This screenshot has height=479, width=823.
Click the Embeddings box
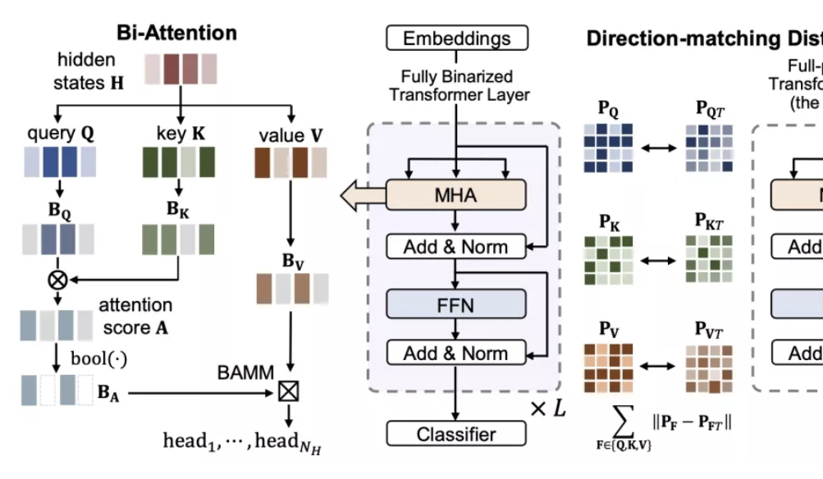pos(457,38)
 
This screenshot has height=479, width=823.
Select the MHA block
pos(455,196)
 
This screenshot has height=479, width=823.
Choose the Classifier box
pos(456,434)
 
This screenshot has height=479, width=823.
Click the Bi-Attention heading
pos(176,33)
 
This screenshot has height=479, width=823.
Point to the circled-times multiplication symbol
pos(57,279)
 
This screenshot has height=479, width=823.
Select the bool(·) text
pos(101,359)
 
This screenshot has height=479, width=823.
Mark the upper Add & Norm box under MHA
pos(455,246)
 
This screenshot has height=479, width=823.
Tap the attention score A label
pos(136,316)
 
